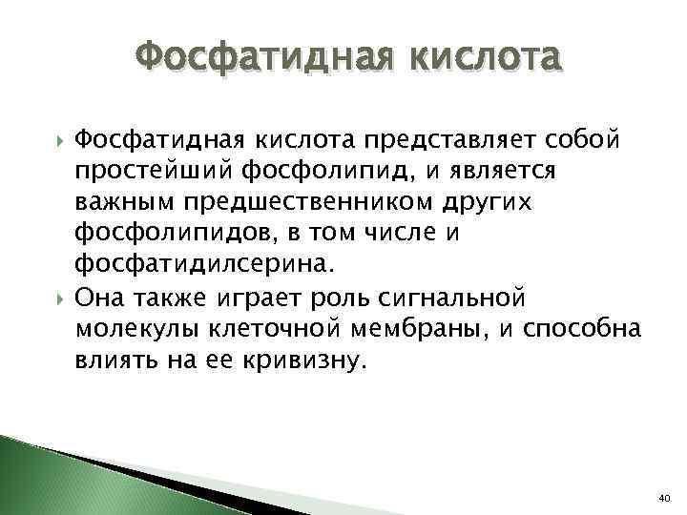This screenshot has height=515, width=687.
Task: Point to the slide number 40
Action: [665, 498]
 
